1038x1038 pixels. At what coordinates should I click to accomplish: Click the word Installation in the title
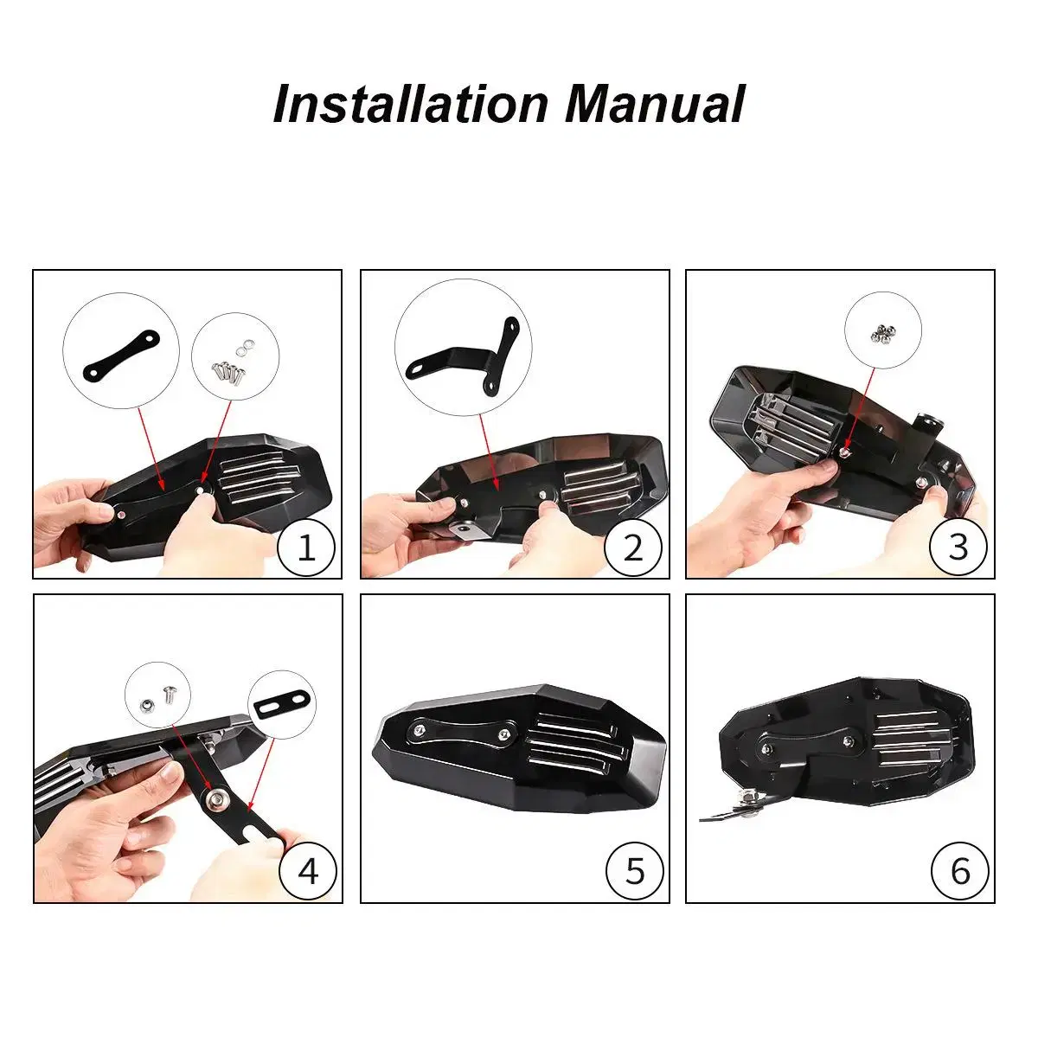tap(411, 104)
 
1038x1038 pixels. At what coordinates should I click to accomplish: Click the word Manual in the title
tap(656, 104)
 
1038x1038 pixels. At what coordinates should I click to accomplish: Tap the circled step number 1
tap(306, 548)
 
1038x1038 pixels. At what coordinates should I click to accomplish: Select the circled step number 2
tap(633, 548)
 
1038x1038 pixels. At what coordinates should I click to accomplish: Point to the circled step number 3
tap(958, 547)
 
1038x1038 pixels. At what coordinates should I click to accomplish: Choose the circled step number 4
tap(308, 871)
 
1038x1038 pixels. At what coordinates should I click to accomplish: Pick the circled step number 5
tap(635, 871)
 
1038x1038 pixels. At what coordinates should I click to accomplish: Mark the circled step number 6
tap(960, 871)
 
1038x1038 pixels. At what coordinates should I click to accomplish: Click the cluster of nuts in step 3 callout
tap(882, 333)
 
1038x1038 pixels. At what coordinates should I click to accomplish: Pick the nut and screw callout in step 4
tap(157, 695)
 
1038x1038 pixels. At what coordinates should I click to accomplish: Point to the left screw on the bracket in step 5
tap(419, 729)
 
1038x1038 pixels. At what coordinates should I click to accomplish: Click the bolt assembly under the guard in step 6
tap(747, 811)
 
